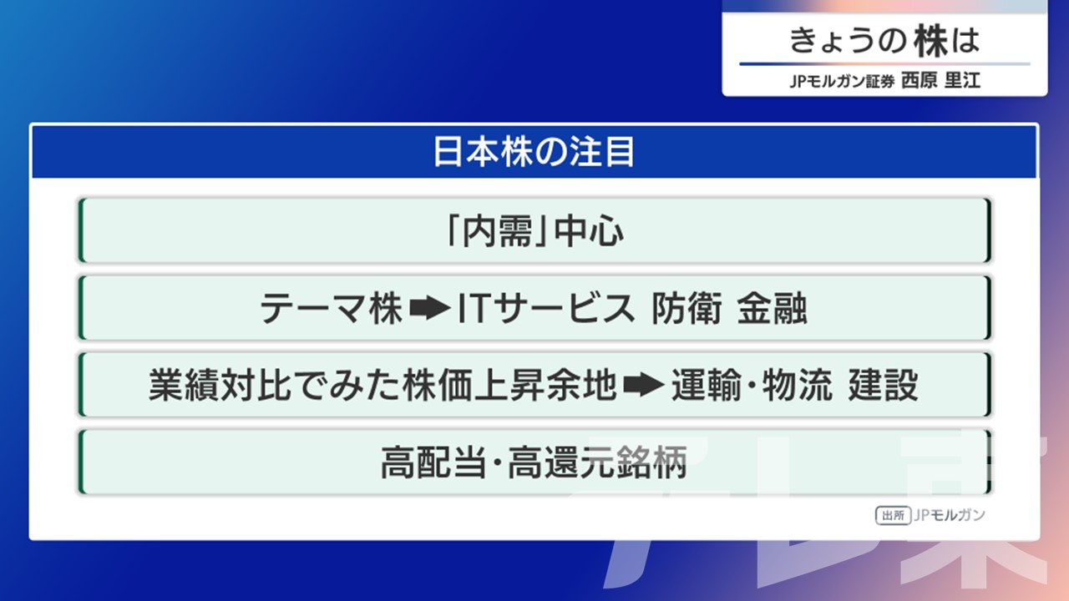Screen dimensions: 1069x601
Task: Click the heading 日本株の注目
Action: pyautogui.click(x=534, y=152)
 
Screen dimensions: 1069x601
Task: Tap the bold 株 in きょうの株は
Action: pyautogui.click(x=930, y=41)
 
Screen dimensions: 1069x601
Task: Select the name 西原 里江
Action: pyautogui.click(x=940, y=80)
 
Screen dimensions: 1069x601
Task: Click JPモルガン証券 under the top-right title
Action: pyautogui.click(x=842, y=81)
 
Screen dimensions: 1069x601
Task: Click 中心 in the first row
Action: pyautogui.click(x=589, y=231)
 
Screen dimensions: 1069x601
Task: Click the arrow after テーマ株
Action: pyautogui.click(x=430, y=309)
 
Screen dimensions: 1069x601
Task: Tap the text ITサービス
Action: pyautogui.click(x=546, y=309)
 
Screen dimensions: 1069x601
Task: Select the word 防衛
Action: pyautogui.click(x=686, y=309)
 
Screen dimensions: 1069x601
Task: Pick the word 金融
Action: pyautogui.click(x=773, y=309)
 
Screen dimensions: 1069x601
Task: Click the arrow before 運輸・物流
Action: pyautogui.click(x=644, y=385)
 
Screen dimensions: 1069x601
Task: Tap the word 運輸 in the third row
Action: pyautogui.click(x=707, y=385)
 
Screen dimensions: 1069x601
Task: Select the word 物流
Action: pyautogui.click(x=798, y=385)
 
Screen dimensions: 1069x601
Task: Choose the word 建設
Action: pyautogui.click(x=884, y=385)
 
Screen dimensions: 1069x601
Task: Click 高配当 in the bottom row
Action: pyautogui.click(x=433, y=462)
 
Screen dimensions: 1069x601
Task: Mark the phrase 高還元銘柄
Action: pyautogui.click(x=597, y=462)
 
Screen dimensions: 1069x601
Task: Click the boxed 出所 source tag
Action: pyautogui.click(x=893, y=516)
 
